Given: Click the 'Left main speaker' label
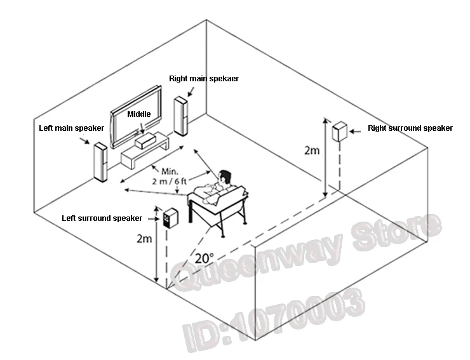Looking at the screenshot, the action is point(71,128).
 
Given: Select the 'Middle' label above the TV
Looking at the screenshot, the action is point(139,114).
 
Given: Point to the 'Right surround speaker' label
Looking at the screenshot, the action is point(410,128).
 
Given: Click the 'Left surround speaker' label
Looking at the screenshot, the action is point(102,218).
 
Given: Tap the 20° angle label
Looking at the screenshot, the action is point(205,258).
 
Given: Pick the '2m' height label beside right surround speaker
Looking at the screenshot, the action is point(312,150).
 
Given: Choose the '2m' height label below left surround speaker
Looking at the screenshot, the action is point(145,239).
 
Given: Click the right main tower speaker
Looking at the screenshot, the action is point(181,116).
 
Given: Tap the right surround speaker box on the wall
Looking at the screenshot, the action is point(340,132).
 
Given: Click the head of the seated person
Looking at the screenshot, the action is point(224,177).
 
